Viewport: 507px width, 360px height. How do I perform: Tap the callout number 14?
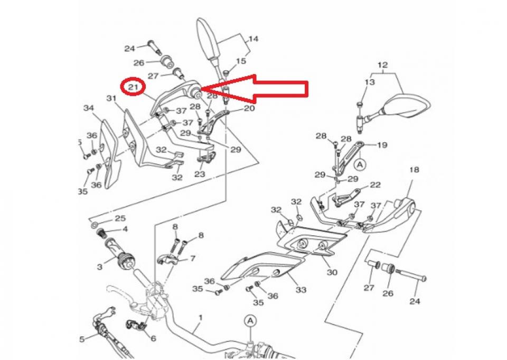[x=253, y=39]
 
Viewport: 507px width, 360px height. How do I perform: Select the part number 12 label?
[x=383, y=65]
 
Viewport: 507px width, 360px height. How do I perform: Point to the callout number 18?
[x=414, y=170]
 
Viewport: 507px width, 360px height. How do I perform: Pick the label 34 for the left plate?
[x=88, y=108]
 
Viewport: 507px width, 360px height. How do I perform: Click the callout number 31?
[x=111, y=98]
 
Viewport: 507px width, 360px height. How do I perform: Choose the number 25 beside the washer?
[x=120, y=218]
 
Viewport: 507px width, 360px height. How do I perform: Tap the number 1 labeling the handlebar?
[x=201, y=318]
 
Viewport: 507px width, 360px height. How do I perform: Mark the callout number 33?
[x=301, y=290]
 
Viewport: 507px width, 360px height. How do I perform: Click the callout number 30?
[x=332, y=273]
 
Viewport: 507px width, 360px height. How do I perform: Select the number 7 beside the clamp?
[x=193, y=259]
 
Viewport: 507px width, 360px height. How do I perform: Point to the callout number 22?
[x=375, y=184]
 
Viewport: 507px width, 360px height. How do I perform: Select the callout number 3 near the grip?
[x=100, y=267]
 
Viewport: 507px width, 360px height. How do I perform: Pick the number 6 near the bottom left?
[x=153, y=338]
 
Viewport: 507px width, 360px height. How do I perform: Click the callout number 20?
[x=249, y=108]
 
